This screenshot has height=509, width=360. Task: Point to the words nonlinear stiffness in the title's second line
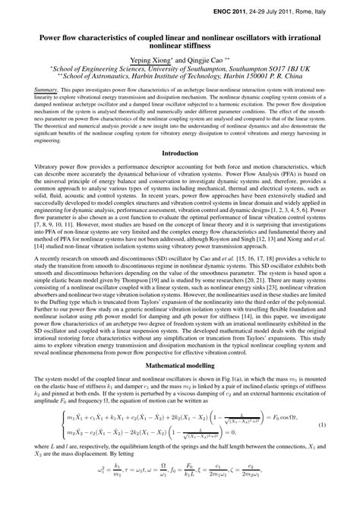[x=180, y=44]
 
